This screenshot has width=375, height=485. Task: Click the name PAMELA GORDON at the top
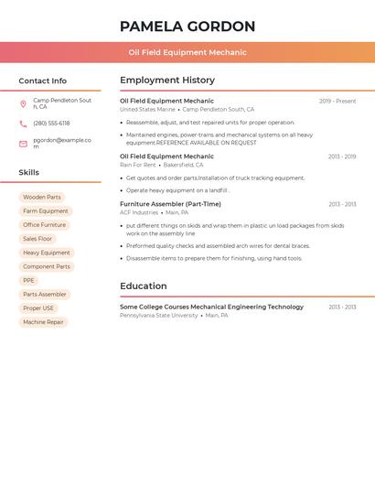[187, 27]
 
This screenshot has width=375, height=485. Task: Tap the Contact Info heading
[43, 81]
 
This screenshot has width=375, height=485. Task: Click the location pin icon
[23, 103]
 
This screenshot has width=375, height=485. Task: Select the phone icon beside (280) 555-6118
[23, 124]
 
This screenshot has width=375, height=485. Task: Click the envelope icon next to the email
[23, 144]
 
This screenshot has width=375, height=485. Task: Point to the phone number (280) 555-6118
[51, 124]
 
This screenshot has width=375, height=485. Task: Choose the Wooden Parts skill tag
[42, 197]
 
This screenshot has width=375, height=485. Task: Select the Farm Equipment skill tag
[46, 211]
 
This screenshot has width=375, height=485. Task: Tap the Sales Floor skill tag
[37, 239]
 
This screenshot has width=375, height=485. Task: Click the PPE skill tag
[29, 280]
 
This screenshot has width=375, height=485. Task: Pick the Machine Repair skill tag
[43, 322]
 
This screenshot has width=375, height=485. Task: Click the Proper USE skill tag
[38, 308]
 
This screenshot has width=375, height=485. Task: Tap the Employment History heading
[167, 81]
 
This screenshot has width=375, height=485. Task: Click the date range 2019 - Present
[337, 102]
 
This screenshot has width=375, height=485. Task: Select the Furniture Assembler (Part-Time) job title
[170, 204]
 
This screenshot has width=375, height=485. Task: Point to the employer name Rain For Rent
[138, 165]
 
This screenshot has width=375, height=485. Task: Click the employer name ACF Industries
[139, 212]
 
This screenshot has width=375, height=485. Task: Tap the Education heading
[144, 286]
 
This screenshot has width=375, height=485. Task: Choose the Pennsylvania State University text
[158, 315]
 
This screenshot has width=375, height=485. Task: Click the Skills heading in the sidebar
[29, 172]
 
